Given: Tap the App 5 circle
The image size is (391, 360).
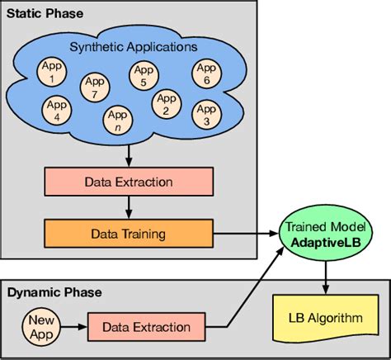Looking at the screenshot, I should pos(144,76).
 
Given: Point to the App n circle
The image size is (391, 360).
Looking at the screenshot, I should pos(116,121).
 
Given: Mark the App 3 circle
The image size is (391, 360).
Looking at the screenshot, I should pos(205,113).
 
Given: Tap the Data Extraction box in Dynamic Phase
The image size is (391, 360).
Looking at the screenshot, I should pos(146,328).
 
